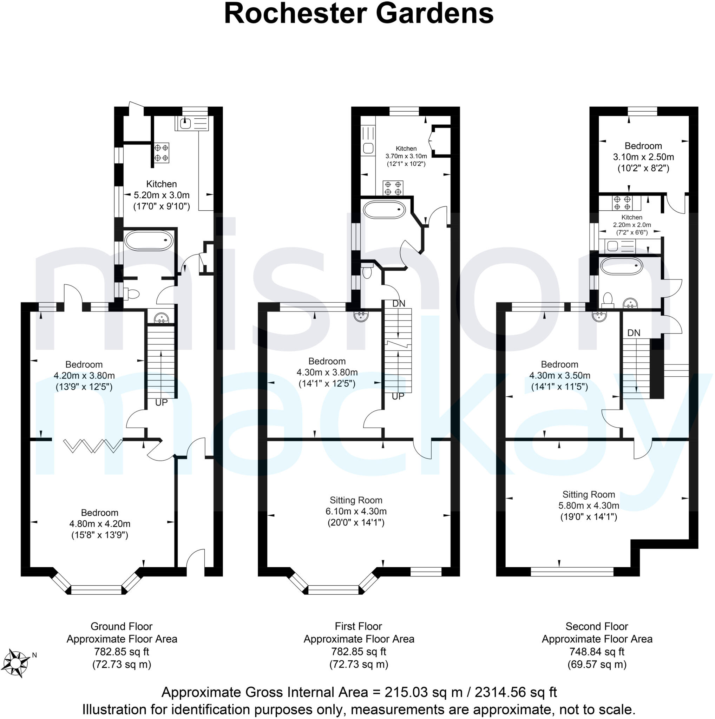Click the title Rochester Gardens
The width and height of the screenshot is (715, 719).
[359, 14]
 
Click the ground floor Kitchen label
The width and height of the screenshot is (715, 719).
[161, 184]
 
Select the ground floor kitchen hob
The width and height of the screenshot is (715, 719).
[161, 153]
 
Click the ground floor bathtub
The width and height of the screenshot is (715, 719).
[149, 241]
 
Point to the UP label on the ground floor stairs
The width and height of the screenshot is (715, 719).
[161, 403]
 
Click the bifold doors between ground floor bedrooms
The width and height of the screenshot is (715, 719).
[93, 446]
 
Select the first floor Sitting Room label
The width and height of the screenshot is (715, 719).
[356, 500]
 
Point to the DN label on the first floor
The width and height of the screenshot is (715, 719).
[399, 304]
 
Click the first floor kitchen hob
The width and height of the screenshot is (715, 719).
[393, 188]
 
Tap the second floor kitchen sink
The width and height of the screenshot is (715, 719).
[612, 246]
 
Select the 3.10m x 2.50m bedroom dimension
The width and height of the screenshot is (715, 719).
[643, 157]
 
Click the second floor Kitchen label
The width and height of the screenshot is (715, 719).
[632, 217]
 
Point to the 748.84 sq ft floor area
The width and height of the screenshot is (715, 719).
[597, 652]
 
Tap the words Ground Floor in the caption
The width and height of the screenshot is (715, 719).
[122, 626]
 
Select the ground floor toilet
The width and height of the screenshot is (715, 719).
[132, 294]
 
